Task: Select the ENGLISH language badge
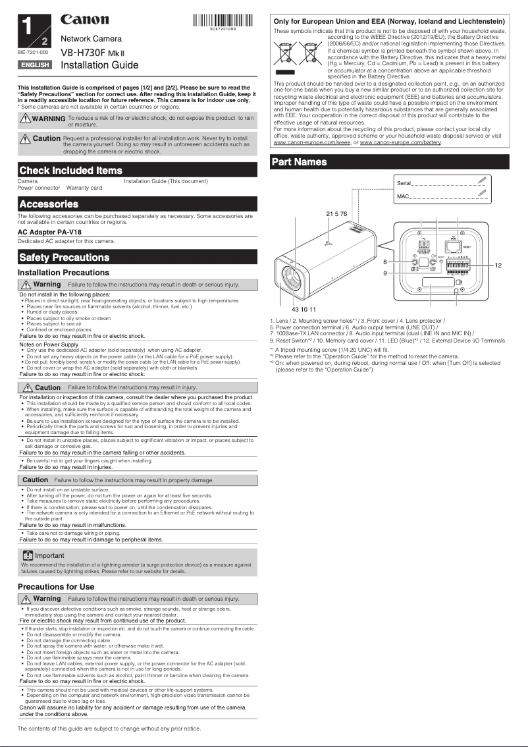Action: pos(35,65)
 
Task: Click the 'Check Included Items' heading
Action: pos(71,171)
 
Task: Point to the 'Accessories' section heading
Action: pos(49,204)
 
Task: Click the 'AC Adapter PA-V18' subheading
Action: pos(50,233)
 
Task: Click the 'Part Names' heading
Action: pos(300,162)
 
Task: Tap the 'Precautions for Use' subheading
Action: pos(56,586)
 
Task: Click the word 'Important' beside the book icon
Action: pos(49,555)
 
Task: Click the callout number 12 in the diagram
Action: pos(498,265)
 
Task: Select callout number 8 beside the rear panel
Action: pos(385,262)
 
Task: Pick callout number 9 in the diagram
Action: pos(385,272)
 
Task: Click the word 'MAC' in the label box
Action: pos(403,196)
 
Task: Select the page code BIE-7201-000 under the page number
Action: pos(32,51)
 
